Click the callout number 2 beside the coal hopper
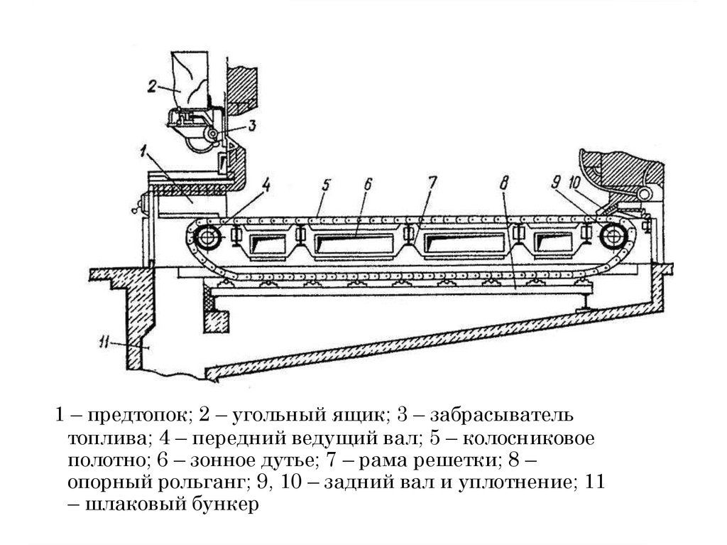[152, 87]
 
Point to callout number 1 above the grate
[145, 151]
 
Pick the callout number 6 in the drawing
[368, 183]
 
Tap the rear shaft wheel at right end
[609, 234]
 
